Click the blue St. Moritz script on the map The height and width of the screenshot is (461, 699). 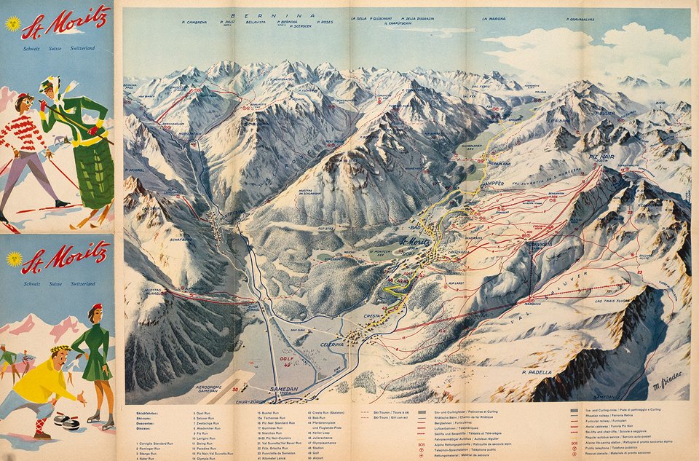(x=418, y=243)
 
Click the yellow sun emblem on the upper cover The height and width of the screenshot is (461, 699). (x=12, y=23)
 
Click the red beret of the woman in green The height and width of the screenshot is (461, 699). (x=96, y=307)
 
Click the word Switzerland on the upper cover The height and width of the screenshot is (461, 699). (x=81, y=48)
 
